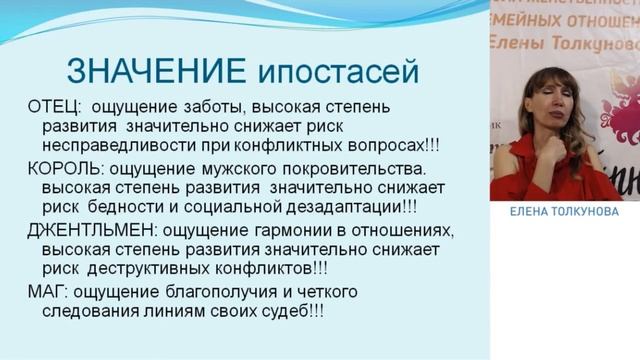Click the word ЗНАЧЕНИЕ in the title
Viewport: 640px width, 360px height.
pyautogui.click(x=153, y=71)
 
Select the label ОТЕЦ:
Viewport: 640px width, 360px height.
pyautogui.click(x=54, y=107)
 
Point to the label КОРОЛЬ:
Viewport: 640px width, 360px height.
pyautogui.click(x=65, y=169)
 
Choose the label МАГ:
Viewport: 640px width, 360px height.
pyautogui.click(x=46, y=293)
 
